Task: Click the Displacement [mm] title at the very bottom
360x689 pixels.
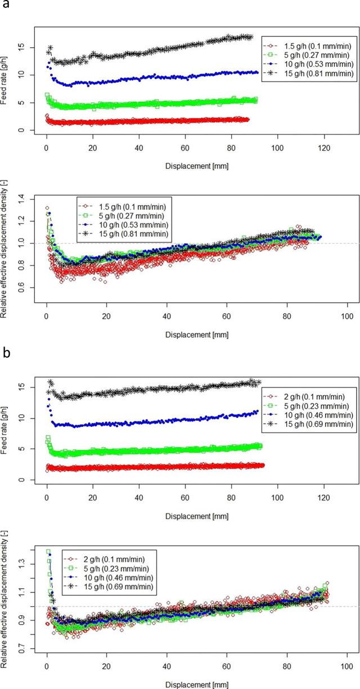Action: (194, 683)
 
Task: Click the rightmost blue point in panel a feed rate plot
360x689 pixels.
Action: (257, 72)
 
